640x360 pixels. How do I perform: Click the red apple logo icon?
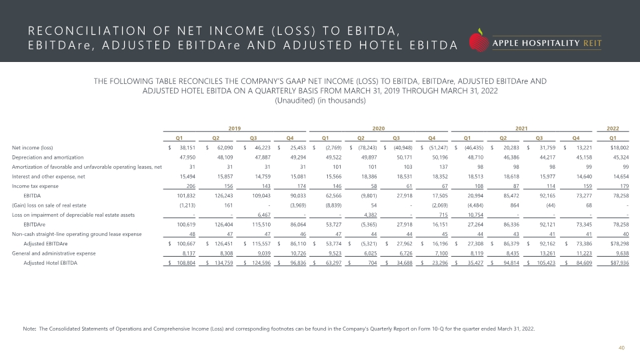(x=479, y=41)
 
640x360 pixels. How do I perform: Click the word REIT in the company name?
(x=593, y=43)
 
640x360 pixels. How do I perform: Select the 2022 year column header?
(x=613, y=128)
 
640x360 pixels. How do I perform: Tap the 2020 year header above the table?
(x=379, y=128)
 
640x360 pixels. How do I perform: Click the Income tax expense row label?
(x=35, y=186)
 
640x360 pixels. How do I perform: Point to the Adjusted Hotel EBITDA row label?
(x=50, y=263)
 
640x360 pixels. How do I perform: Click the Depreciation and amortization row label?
(x=48, y=157)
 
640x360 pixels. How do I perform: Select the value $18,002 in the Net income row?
(x=619, y=148)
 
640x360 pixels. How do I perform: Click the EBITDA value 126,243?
(x=224, y=195)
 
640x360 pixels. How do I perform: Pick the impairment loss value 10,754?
(x=475, y=215)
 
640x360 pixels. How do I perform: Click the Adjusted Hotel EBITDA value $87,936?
(x=619, y=263)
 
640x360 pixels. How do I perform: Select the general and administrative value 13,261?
(x=547, y=253)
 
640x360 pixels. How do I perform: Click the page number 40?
(x=621, y=348)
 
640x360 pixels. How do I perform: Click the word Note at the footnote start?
(x=29, y=329)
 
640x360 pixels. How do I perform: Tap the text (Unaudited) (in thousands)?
(x=320, y=101)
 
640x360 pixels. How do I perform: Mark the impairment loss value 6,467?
(x=264, y=215)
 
